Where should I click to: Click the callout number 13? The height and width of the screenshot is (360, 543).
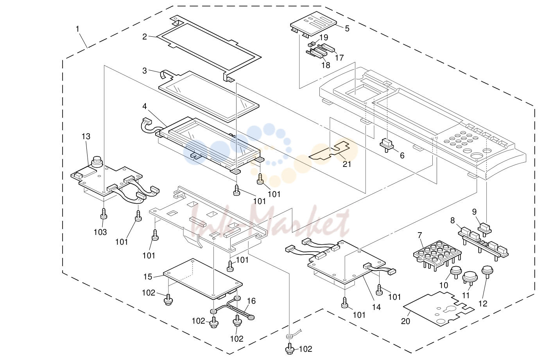[x=86, y=136]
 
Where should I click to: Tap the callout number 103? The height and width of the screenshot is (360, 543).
[x=100, y=232]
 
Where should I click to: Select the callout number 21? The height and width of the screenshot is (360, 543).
[x=347, y=164]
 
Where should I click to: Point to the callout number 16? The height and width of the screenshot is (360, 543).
[x=251, y=301]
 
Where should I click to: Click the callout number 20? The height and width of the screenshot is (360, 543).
[x=405, y=321]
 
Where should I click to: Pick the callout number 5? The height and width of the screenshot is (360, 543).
[x=347, y=29]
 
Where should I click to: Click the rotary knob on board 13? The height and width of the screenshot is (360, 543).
[x=97, y=162]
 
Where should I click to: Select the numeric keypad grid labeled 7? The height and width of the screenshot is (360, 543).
[x=437, y=256]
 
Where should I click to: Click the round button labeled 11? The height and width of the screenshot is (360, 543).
[x=470, y=277]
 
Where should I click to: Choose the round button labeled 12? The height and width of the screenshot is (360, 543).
[x=487, y=271]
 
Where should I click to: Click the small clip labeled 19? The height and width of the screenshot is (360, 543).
[x=311, y=44]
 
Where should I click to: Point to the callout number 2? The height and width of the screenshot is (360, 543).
[x=145, y=37]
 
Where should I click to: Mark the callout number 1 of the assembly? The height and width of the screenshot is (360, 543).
[x=77, y=29]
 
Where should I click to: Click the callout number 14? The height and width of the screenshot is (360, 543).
[x=376, y=307]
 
